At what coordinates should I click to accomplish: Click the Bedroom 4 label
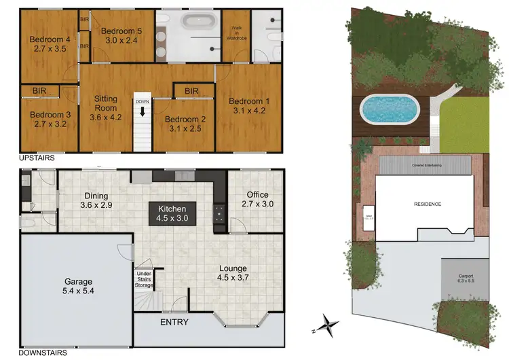(45, 39)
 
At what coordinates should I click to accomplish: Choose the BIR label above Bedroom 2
(191, 91)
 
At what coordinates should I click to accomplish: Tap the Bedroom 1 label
(248, 102)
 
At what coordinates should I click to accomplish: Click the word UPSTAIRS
(37, 158)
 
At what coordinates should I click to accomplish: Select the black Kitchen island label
(172, 209)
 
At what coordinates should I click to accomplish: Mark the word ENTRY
(174, 322)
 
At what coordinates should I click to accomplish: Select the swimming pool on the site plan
(386, 109)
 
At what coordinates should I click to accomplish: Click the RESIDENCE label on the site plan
(428, 204)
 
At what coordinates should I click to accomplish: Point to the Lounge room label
(232, 269)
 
